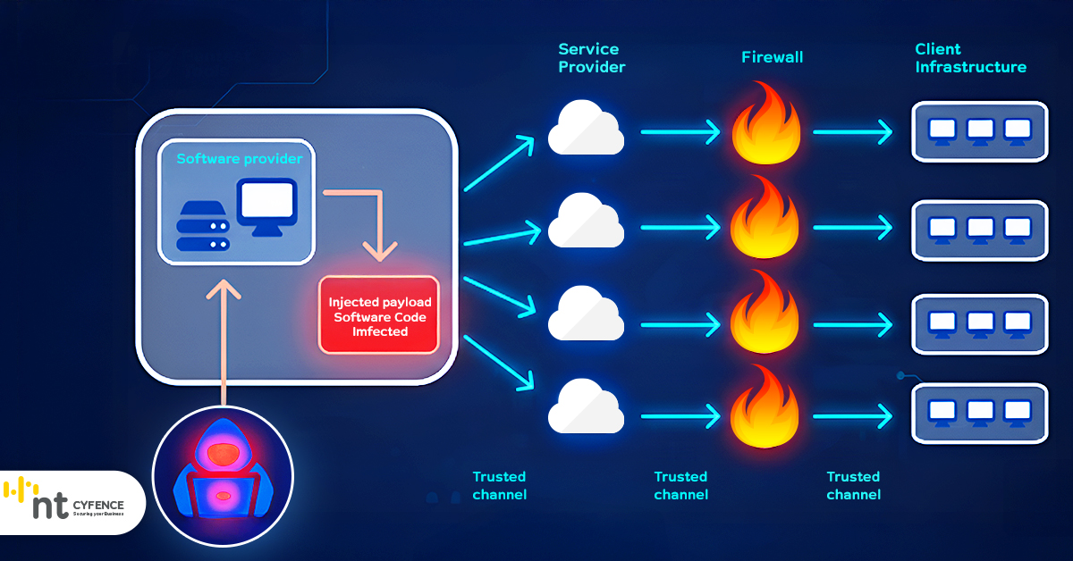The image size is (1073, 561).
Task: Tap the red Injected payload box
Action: pyautogui.click(x=378, y=315)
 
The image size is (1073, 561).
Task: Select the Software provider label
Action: pyautogui.click(x=239, y=159)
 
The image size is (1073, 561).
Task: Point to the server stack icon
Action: pyautogui.click(x=203, y=227)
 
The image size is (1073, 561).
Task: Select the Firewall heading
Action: pyautogui.click(x=772, y=58)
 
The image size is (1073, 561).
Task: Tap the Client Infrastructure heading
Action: pyautogui.click(x=970, y=58)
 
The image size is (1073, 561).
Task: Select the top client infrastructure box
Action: pyautogui.click(x=979, y=131)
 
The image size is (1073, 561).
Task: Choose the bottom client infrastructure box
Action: pyautogui.click(x=979, y=414)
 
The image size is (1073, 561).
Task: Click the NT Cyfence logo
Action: pyautogui.click(x=67, y=502)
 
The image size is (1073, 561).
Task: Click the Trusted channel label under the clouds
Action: pyautogui.click(x=499, y=485)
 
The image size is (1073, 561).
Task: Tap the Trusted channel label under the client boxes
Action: pyautogui.click(x=853, y=485)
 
